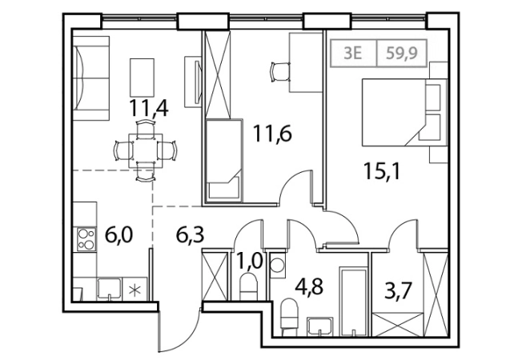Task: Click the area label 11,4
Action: [x=149, y=109]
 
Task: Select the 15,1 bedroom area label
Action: [x=382, y=171]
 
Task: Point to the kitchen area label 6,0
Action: [x=118, y=234]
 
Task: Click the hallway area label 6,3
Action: [x=190, y=235]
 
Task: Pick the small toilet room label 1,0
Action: [x=250, y=261]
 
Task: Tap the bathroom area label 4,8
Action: [x=309, y=286]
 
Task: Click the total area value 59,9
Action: [x=402, y=53]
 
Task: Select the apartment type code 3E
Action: [x=353, y=53]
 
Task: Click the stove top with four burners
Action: [x=86, y=239]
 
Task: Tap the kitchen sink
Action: [x=109, y=289]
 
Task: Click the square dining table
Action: [x=146, y=150]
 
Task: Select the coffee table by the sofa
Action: [x=143, y=77]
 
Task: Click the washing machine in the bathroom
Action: [x=278, y=266]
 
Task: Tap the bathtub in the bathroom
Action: [x=353, y=301]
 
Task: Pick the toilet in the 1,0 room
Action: [x=248, y=286]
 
